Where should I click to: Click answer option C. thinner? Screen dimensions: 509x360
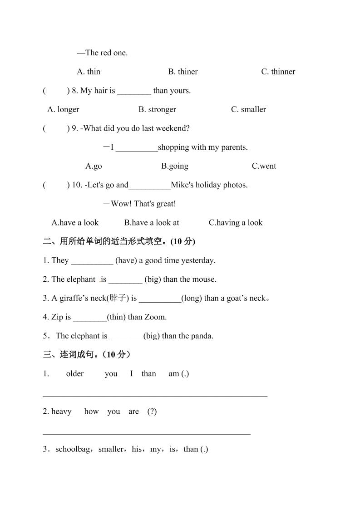coord(278,72)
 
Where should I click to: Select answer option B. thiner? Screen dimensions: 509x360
coord(183,72)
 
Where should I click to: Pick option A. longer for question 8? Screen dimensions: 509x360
coord(63,109)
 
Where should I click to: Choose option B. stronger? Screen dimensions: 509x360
coord(157,109)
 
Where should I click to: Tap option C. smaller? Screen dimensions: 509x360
coord(248,109)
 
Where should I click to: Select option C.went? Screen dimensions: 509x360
coord(264,166)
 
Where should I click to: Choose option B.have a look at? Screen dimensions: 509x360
coord(152,223)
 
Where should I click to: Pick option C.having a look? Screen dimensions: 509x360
coord(236,223)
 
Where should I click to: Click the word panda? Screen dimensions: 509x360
coord(203,336)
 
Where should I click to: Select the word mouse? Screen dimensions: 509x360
coord(204,279)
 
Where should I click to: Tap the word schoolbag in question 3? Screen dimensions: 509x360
coord(74,450)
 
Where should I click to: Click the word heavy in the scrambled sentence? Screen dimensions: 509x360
coord(61,411)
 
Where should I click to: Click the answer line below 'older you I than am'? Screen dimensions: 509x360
coord(155,396)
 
